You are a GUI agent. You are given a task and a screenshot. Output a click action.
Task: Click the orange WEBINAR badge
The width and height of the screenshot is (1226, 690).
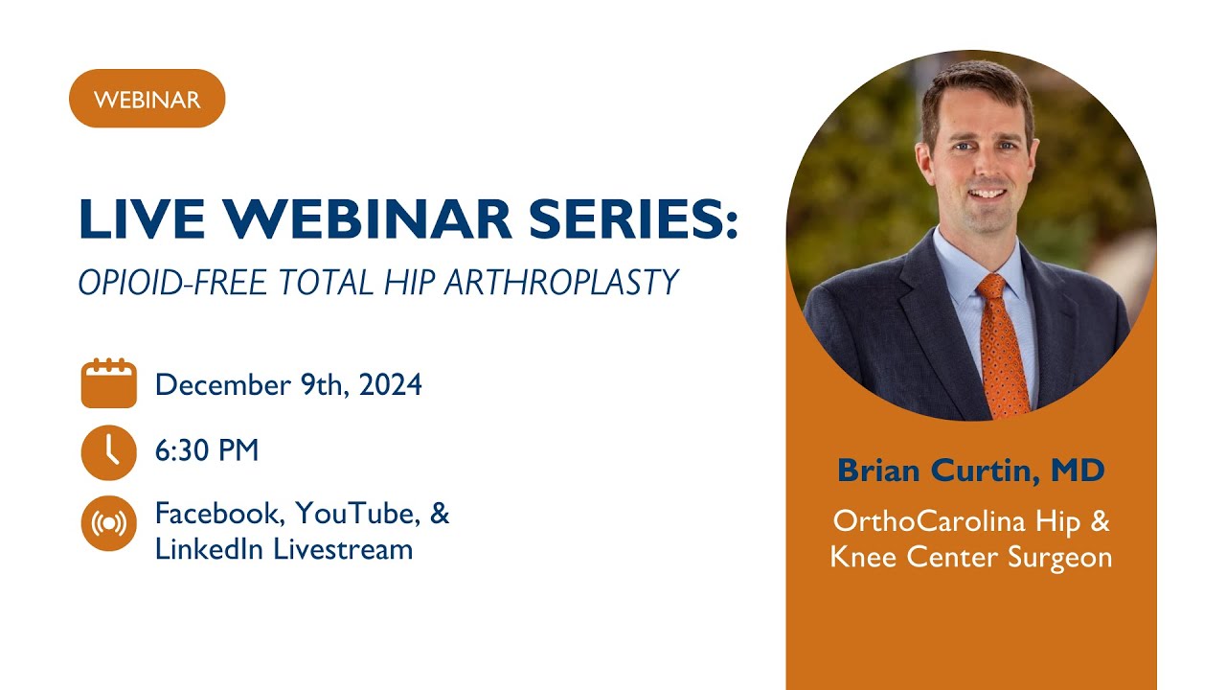[147, 99]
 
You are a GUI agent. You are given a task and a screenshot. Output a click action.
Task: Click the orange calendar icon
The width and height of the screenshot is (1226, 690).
[108, 384]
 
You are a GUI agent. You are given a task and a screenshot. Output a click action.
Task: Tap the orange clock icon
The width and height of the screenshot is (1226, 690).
[108, 451]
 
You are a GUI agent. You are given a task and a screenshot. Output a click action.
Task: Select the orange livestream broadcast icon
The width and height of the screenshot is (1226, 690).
[108, 523]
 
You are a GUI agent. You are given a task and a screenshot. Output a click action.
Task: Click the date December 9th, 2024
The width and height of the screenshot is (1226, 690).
[288, 385]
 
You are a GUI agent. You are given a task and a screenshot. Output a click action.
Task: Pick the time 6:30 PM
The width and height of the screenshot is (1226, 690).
[207, 450]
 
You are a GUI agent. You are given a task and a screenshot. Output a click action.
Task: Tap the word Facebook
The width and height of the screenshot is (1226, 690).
[219, 514]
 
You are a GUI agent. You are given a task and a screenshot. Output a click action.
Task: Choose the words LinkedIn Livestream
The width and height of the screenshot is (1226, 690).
[284, 549]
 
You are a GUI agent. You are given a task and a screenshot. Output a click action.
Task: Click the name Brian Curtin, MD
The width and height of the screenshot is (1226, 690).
[970, 471]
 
